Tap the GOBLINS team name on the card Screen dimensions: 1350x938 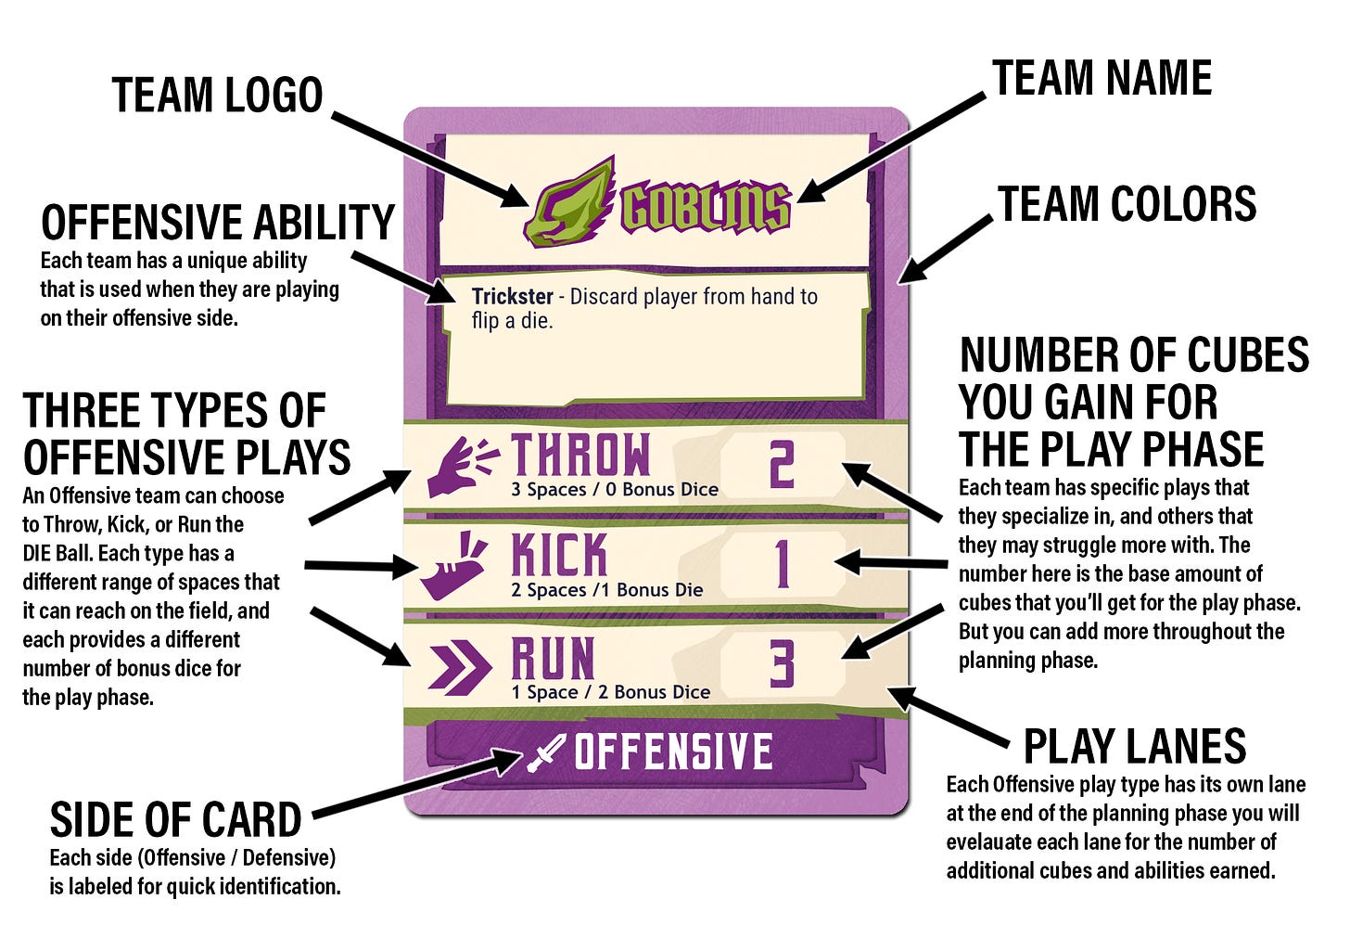click(x=706, y=209)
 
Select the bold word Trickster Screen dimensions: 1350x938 click(x=512, y=296)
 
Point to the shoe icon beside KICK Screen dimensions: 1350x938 click(x=453, y=566)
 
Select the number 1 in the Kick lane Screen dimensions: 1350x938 click(x=783, y=563)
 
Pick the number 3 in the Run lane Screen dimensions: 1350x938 click(x=783, y=664)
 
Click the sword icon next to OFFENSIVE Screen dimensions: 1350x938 click(x=545, y=752)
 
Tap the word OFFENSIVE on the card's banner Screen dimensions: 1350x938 click(x=673, y=751)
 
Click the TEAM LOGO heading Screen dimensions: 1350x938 click(x=218, y=95)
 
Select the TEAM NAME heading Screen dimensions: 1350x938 click(x=1102, y=78)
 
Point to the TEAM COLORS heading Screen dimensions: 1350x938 click(x=1127, y=204)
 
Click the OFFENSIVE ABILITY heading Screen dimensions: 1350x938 click(x=218, y=222)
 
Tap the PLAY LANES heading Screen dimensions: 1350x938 click(x=1135, y=746)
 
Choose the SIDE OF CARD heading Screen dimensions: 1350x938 click(x=175, y=820)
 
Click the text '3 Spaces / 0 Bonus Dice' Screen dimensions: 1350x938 click(x=615, y=489)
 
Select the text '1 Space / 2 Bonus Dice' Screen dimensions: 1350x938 click(x=610, y=692)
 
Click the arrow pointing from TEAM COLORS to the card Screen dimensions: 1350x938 click(x=945, y=250)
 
